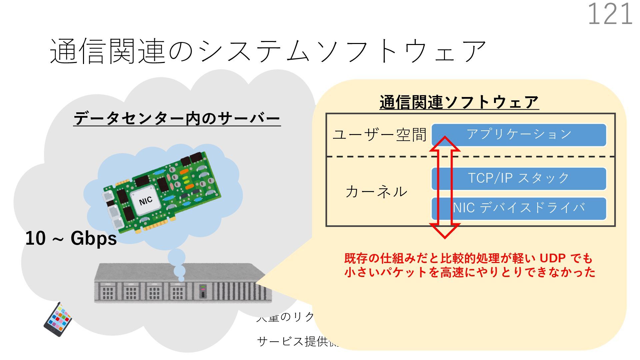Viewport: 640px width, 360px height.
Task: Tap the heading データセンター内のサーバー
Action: [177, 119]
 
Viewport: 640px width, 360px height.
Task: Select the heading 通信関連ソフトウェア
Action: [459, 102]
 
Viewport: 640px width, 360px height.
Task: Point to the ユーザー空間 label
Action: [379, 135]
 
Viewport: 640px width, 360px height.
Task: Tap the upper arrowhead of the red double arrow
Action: [445, 144]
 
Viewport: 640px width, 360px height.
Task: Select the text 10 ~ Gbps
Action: [71, 238]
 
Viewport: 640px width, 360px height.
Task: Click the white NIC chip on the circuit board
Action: [146, 200]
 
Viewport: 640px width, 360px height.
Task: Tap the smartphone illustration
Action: [58, 320]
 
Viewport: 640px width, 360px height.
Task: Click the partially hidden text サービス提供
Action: [293, 341]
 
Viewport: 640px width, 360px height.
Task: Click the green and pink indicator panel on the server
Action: [202, 291]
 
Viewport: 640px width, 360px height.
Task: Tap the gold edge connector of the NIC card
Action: [157, 226]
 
